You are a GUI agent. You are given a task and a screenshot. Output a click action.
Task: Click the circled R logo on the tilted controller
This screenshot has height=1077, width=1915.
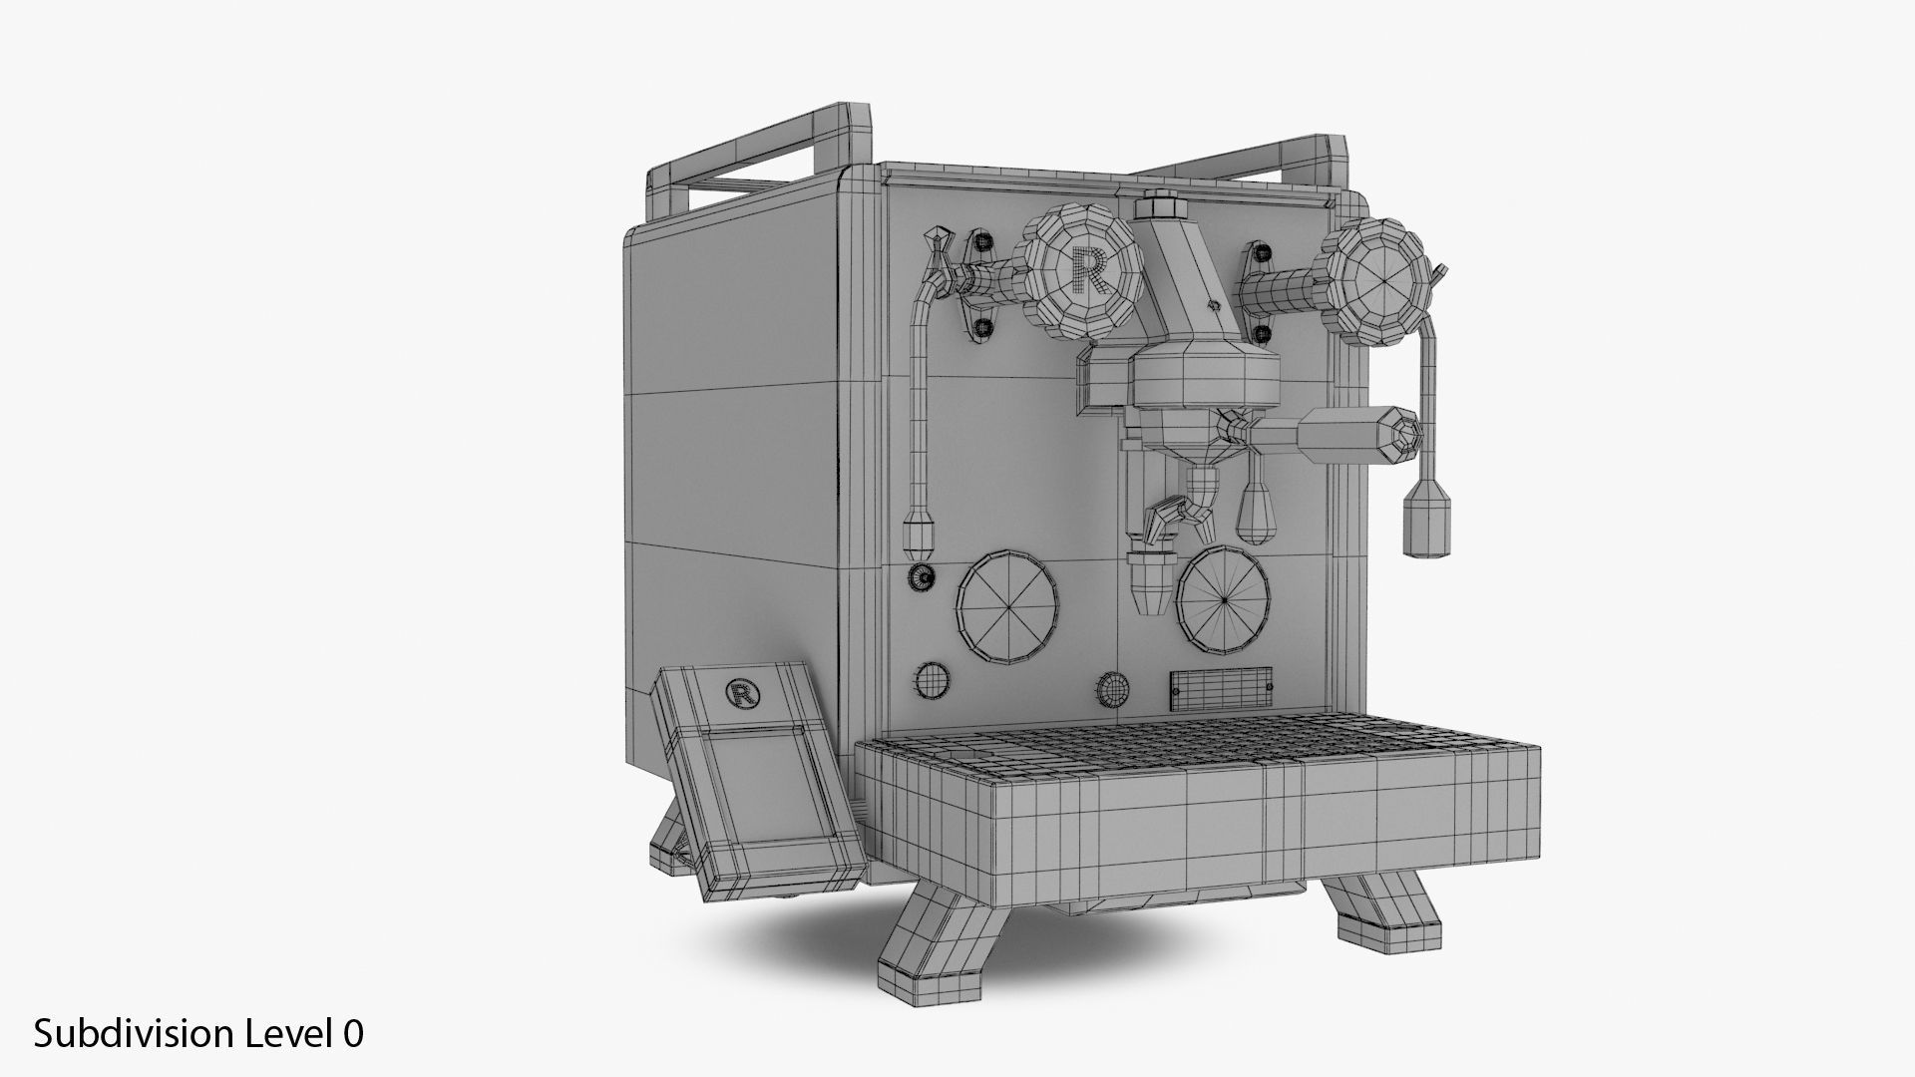coord(740,694)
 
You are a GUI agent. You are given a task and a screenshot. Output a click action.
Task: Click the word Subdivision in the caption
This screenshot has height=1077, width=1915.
coord(136,1033)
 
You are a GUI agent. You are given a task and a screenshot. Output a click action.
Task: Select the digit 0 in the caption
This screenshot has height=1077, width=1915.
coord(353,1033)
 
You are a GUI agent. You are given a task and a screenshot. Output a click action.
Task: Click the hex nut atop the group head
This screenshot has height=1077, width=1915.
coord(1160,207)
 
